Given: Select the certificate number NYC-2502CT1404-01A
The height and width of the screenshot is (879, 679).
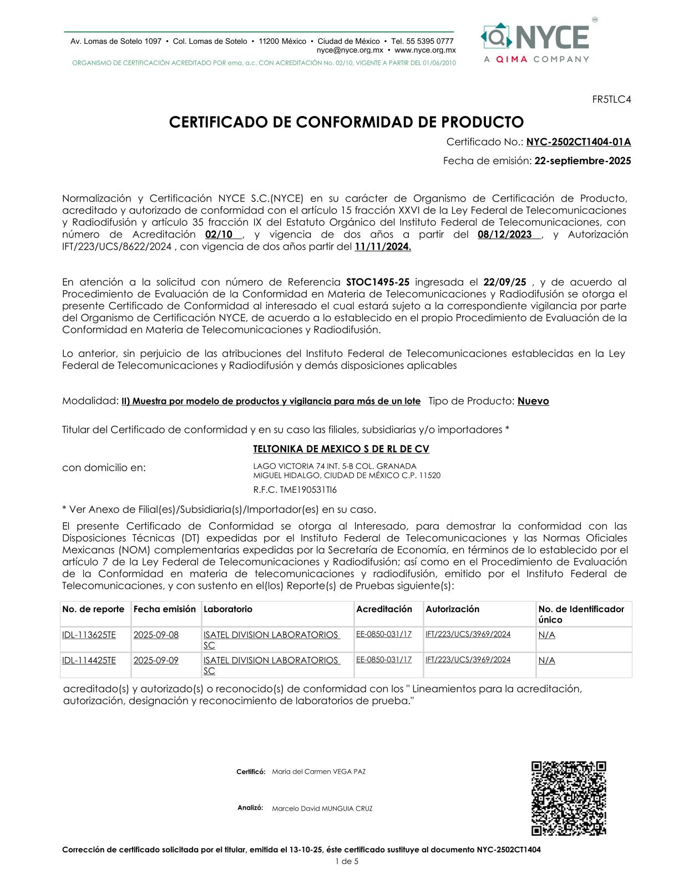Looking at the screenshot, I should pyautogui.click(x=579, y=142).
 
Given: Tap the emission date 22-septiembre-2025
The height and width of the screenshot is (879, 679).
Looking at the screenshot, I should pyautogui.click(x=582, y=161).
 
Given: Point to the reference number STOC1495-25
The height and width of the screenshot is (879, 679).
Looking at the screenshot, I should pyautogui.click(x=378, y=282).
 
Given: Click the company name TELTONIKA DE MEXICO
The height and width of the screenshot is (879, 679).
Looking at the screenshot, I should pyautogui.click(x=341, y=449).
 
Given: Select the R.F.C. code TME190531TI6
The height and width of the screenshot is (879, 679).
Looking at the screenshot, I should pyautogui.click(x=295, y=490).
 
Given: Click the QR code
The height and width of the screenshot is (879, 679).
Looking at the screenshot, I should pyautogui.click(x=569, y=798).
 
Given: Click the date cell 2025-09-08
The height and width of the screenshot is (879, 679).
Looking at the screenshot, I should pyautogui.click(x=156, y=635).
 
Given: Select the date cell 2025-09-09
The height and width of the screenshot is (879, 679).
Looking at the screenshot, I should pyautogui.click(x=156, y=660).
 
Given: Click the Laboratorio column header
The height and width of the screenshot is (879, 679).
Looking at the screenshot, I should pyautogui.click(x=228, y=609).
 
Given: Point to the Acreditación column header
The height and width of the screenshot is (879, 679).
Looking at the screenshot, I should pyautogui.click(x=384, y=609).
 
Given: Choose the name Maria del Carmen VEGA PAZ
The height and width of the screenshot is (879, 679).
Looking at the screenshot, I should pyautogui.click(x=319, y=772).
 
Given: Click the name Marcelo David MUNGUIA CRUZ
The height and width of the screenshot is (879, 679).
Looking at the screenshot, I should pyautogui.click(x=322, y=809).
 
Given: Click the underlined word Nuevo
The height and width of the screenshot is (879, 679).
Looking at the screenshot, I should pyautogui.click(x=533, y=401).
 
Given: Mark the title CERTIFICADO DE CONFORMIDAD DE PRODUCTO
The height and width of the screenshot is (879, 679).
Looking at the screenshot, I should pyautogui.click(x=346, y=122).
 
